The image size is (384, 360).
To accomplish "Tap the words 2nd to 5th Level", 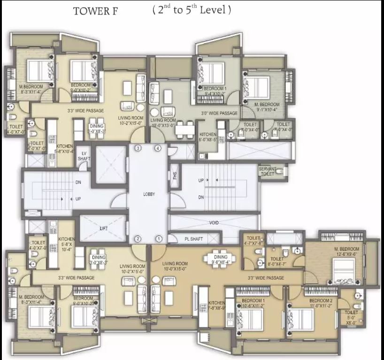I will point(192,10).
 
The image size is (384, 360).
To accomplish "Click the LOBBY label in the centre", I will point(149,194).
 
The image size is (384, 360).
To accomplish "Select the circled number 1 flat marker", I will point(159,239).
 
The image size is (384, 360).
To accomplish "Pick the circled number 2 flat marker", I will point(138,239).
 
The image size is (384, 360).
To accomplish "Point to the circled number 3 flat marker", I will point(138,148).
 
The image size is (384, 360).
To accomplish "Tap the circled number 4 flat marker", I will point(158,148).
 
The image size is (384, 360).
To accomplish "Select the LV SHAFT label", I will point(85,156).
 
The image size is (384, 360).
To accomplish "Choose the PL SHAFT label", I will point(193,239).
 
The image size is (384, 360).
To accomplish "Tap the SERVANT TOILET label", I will point(267,171).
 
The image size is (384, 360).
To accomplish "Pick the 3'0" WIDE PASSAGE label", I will point(219,114).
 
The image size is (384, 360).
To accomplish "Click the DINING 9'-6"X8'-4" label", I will point(220,260).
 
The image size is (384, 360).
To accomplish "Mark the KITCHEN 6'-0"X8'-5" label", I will point(208,137).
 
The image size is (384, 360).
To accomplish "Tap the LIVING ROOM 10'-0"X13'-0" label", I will point(163,123).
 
